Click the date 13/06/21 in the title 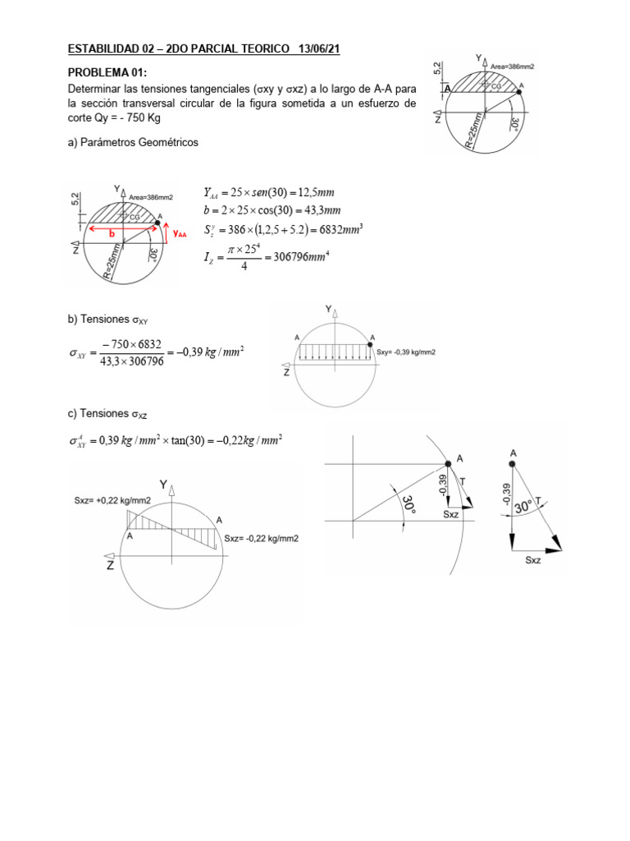[315, 49]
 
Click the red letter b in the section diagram [112, 232]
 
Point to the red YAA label [180, 234]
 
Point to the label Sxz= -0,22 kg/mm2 [261, 539]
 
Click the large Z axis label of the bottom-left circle [109, 565]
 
